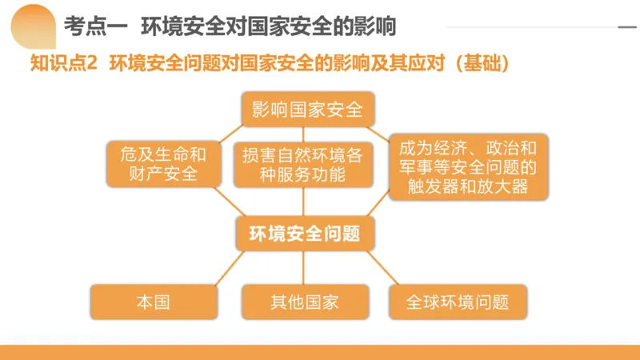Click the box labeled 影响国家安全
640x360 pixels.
tap(307, 109)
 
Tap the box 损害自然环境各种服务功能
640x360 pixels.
tap(302, 164)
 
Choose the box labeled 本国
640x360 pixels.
tap(154, 302)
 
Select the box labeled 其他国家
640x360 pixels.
tap(304, 302)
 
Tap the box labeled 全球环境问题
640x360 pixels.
tap(458, 302)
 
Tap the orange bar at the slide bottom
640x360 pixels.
tap(320, 352)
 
